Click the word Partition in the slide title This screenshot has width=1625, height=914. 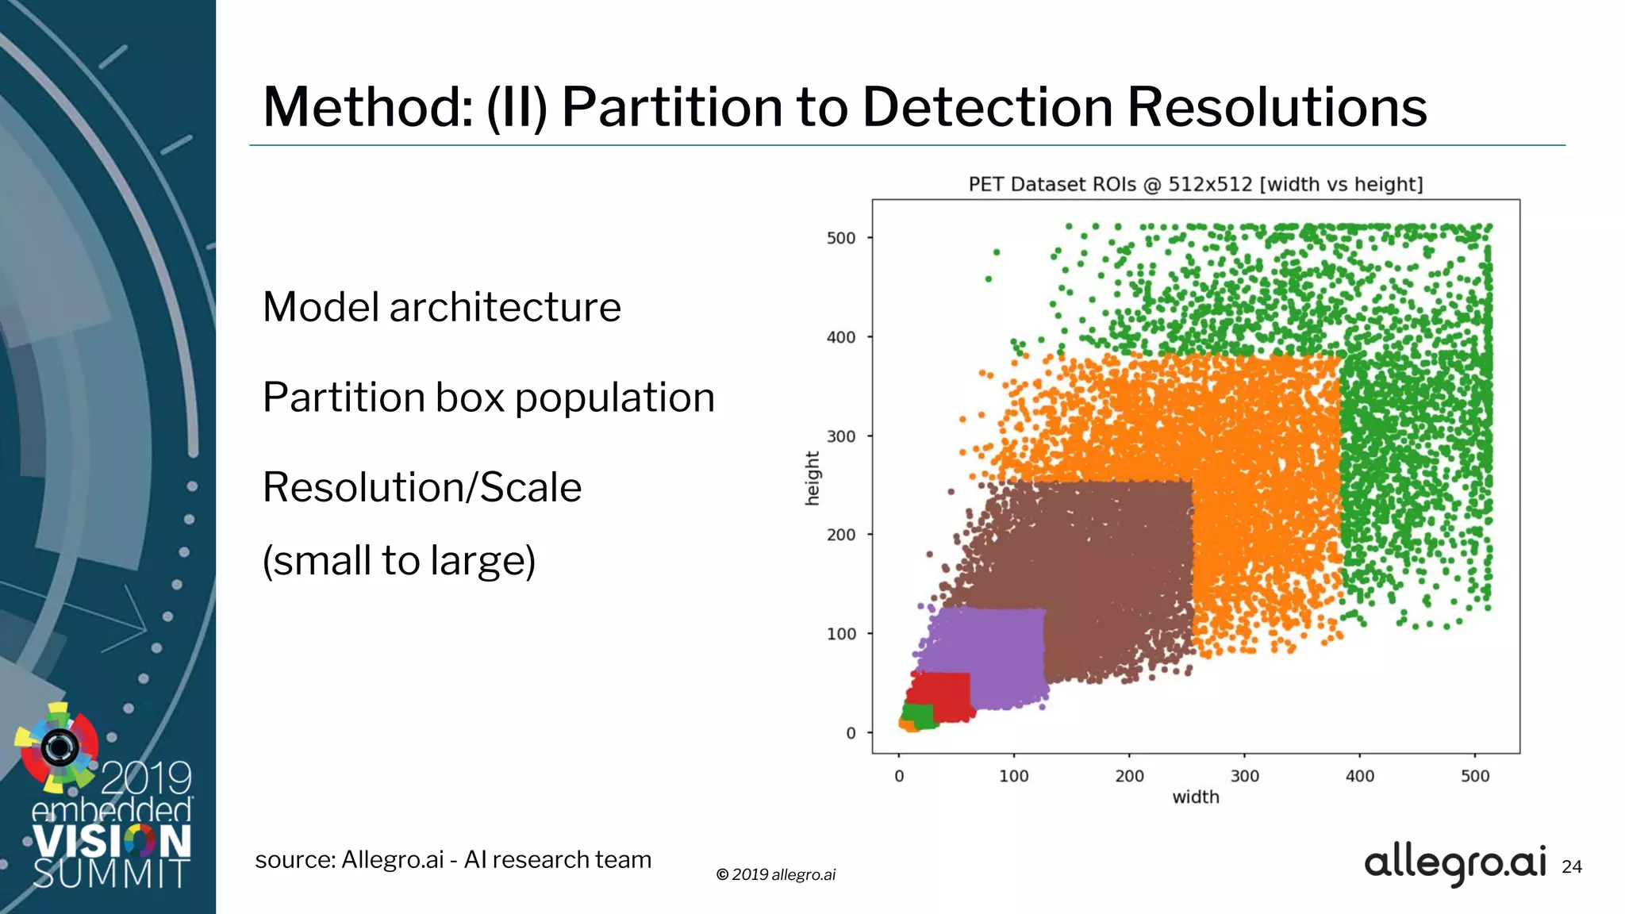coord(671,107)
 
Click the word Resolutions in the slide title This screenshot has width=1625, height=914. coord(1276,107)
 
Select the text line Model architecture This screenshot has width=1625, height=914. coord(441,307)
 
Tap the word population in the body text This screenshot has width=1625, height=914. coord(614,397)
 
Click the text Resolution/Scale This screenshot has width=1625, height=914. coord(421,487)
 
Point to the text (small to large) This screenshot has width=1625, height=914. coord(399,561)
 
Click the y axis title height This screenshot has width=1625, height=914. coord(812,478)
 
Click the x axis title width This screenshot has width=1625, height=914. coord(1195,797)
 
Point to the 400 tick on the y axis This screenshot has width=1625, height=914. coord(841,337)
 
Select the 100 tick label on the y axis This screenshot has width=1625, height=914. coord(841,634)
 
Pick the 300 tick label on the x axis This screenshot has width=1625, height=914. coord(1244,777)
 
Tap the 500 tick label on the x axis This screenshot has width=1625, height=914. coord(1474,777)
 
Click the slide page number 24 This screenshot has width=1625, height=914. coord(1571,867)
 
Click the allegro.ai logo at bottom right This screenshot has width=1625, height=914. coord(1454,863)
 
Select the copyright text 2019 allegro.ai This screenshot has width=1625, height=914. coord(775,874)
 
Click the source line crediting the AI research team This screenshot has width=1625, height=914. coord(453,860)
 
